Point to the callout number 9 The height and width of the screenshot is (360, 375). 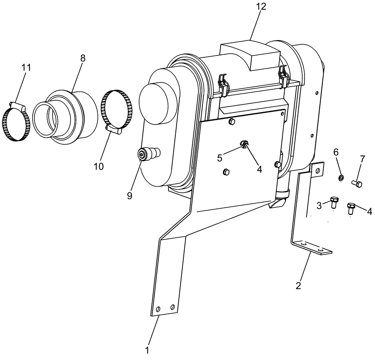[x=129, y=195]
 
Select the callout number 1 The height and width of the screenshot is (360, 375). [x=147, y=351]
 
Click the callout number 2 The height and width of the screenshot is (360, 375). [x=298, y=285]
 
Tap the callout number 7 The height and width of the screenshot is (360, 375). [x=362, y=159]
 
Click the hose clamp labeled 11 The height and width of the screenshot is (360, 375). [x=16, y=124]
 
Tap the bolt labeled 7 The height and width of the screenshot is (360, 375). [x=357, y=183]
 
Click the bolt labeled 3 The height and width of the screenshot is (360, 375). [x=333, y=202]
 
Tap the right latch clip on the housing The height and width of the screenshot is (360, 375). [x=283, y=76]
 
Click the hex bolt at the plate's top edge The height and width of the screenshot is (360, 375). [x=231, y=121]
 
